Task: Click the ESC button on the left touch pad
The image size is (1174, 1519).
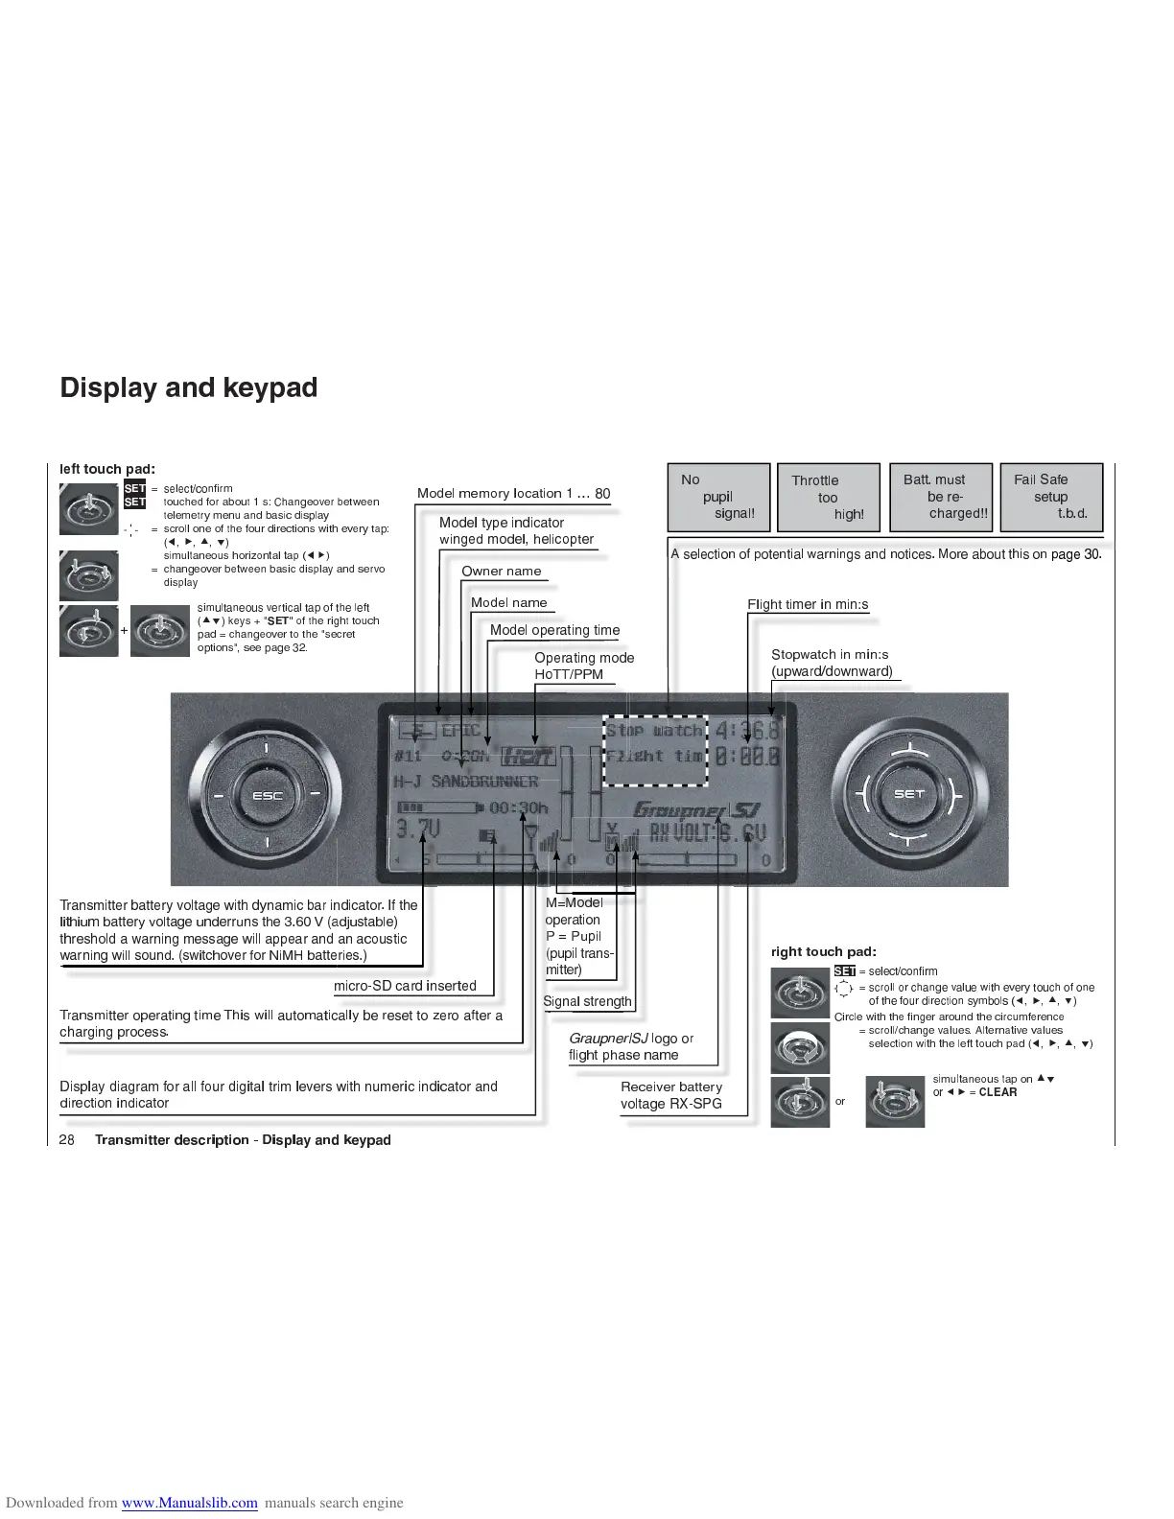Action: tap(267, 796)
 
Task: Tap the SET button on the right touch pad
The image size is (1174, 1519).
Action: tap(907, 794)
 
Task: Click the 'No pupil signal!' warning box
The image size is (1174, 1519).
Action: tap(718, 497)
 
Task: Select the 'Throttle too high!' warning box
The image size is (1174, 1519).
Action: tap(828, 498)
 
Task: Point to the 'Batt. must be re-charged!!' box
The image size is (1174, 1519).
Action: tap(940, 497)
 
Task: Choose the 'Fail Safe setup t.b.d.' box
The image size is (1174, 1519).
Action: tap(1050, 497)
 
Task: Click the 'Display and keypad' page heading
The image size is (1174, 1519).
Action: tap(188, 387)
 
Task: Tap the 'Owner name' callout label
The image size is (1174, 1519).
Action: tap(501, 572)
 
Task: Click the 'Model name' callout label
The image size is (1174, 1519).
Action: tap(508, 603)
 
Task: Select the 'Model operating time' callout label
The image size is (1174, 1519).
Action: tap(554, 630)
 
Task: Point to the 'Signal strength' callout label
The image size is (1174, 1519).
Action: tap(587, 1002)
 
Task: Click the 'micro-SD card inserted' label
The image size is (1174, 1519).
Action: tap(405, 986)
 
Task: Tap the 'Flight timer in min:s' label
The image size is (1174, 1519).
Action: tap(808, 604)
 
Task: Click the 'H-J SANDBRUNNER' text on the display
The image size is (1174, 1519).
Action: tap(466, 782)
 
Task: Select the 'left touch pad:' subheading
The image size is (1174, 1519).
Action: tap(107, 469)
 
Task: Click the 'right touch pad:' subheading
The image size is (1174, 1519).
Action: tap(823, 952)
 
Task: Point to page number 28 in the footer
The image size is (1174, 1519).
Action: tap(67, 1140)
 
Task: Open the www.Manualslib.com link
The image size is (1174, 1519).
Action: tap(189, 1503)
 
